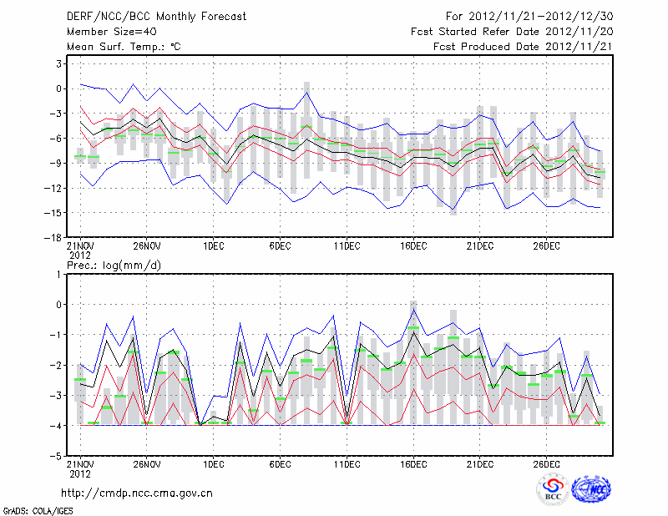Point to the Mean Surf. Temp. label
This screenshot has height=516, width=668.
coord(124,47)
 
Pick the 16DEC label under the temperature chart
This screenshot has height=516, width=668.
coord(413,246)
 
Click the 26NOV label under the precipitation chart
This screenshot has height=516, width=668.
coord(146,464)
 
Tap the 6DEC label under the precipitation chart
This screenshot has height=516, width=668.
coord(280,464)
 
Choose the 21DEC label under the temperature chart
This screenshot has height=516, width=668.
coord(480,246)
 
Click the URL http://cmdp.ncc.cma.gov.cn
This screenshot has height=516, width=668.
coord(137,493)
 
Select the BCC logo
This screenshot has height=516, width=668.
coord(553,490)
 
